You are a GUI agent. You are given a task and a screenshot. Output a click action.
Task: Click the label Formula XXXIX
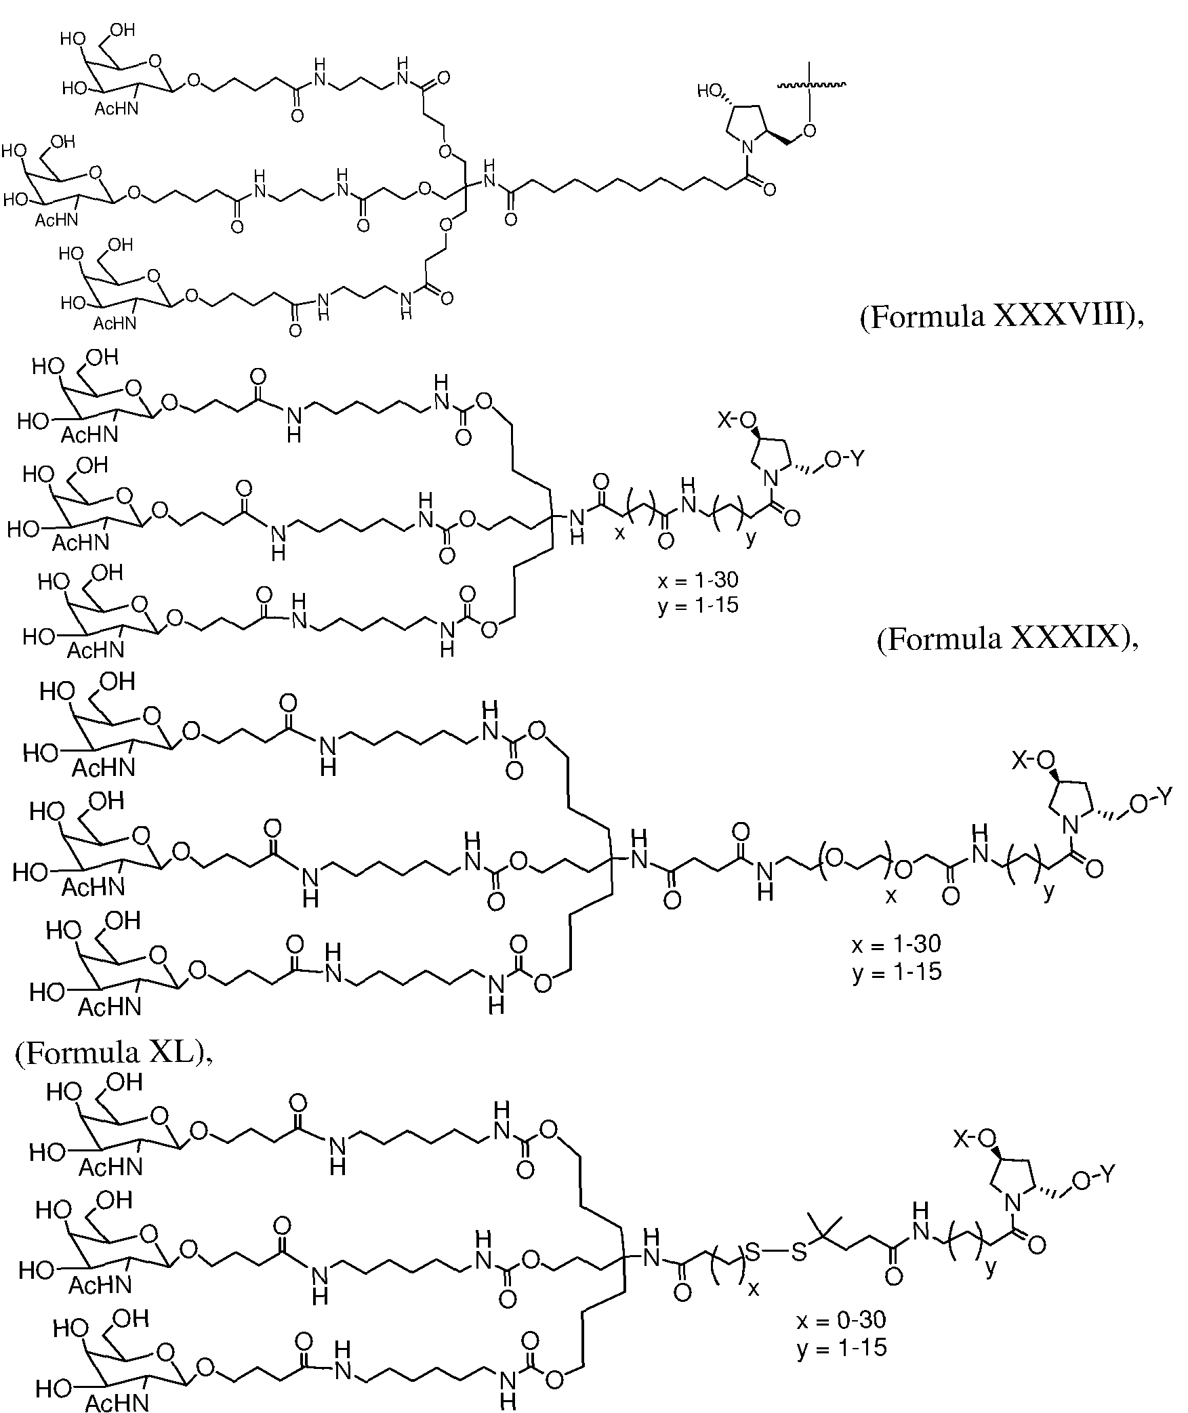click(x=1007, y=638)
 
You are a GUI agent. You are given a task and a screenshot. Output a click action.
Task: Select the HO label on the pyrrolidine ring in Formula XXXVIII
click(x=710, y=90)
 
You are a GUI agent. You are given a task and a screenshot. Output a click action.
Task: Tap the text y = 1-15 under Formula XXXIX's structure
click(x=698, y=605)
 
